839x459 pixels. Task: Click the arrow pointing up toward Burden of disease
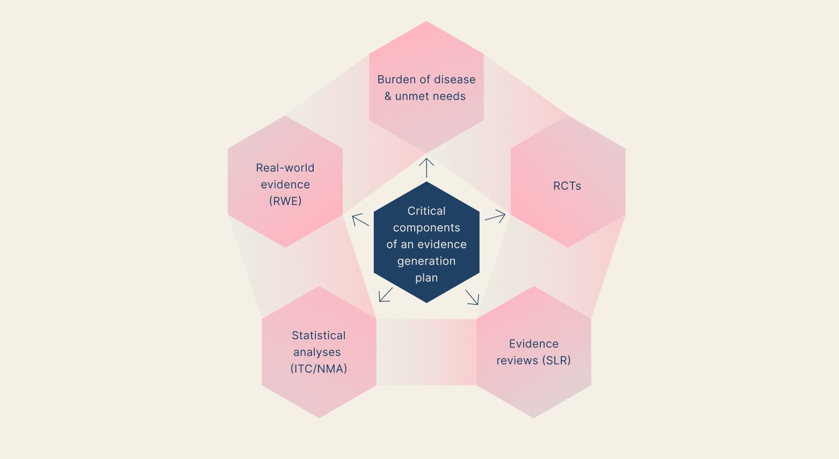[x=426, y=167]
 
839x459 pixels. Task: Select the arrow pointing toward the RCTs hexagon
[x=495, y=216]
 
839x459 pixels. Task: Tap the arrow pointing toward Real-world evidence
[x=360, y=220]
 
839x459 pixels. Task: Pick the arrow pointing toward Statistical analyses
[x=386, y=294]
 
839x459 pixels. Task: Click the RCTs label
[x=567, y=186]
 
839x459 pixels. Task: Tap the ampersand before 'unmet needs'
[x=388, y=96]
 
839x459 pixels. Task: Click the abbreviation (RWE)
[x=285, y=201]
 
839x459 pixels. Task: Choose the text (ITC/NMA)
[x=319, y=369]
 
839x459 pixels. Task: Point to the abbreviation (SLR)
[x=556, y=360]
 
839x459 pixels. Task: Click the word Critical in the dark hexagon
[x=426, y=211]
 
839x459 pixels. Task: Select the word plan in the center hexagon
[x=426, y=278]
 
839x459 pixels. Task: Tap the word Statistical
[x=319, y=336]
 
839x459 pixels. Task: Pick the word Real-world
[x=285, y=167]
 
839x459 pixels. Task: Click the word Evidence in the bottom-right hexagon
[x=534, y=344]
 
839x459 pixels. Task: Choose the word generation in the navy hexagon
[x=426, y=261]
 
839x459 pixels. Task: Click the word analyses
[x=317, y=352]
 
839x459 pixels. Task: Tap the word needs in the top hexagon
[x=450, y=96]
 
